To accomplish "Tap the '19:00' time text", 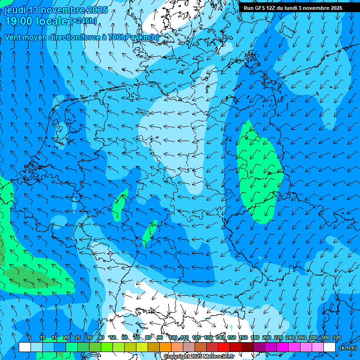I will click(19, 21).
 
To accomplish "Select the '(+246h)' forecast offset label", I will click(83, 21).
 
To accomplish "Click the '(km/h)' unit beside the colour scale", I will click(348, 348).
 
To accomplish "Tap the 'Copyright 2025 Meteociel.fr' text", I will click(198, 357).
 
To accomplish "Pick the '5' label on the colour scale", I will click(30, 338).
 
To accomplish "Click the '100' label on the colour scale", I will click(173, 338).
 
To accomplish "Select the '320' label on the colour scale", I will click(337, 338).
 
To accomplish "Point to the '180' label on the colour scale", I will click(255, 338).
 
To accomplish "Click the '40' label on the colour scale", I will click(101, 338).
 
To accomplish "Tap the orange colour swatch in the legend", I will click(165, 347).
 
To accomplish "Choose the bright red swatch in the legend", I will click(224, 347).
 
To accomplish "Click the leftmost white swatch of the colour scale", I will click(25, 347).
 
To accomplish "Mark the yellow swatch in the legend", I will click(142, 347).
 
